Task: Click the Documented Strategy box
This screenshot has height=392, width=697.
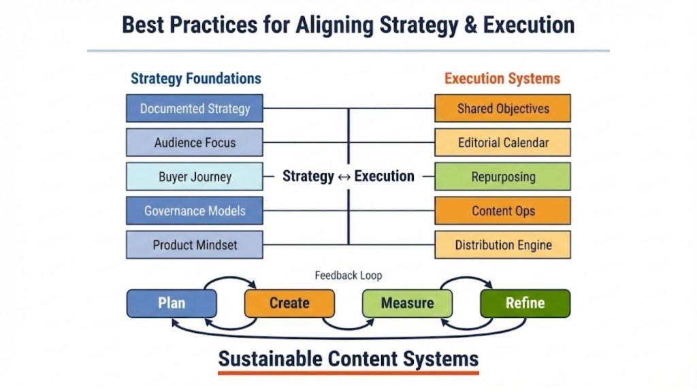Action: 195,108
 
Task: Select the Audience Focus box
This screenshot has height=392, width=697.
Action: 195,142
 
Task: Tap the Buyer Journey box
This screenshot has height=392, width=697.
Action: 195,176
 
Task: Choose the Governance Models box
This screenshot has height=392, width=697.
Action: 195,210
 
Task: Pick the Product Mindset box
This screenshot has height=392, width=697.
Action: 195,245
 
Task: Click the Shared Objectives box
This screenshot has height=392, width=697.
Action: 502,108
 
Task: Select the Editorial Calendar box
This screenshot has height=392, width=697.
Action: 502,142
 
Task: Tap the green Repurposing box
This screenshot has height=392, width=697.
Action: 502,176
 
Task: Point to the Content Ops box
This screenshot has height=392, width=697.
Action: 502,210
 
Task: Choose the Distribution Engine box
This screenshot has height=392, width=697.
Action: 502,245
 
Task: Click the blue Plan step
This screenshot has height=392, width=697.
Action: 172,304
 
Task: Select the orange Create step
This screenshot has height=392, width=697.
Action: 289,304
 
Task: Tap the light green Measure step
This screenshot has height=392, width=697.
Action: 407,304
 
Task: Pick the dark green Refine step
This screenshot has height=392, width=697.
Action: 525,304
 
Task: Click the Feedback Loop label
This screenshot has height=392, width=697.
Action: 348,276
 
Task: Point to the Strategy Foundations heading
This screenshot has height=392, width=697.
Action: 196,78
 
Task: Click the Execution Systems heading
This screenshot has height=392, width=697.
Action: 502,78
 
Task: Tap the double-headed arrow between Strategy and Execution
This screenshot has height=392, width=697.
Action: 344,176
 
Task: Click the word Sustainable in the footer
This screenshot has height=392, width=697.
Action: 270,359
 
